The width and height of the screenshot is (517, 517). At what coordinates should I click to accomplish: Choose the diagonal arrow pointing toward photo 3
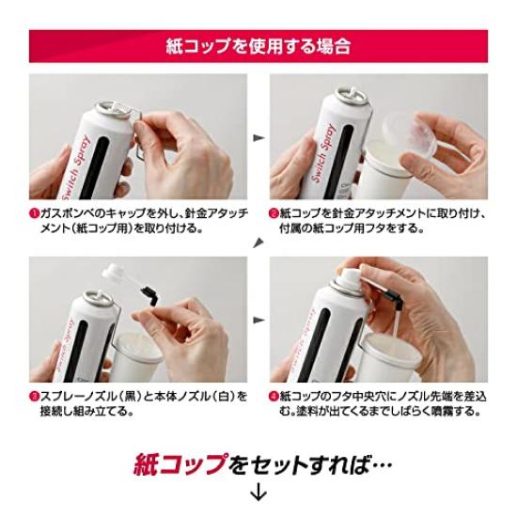point(258,243)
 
